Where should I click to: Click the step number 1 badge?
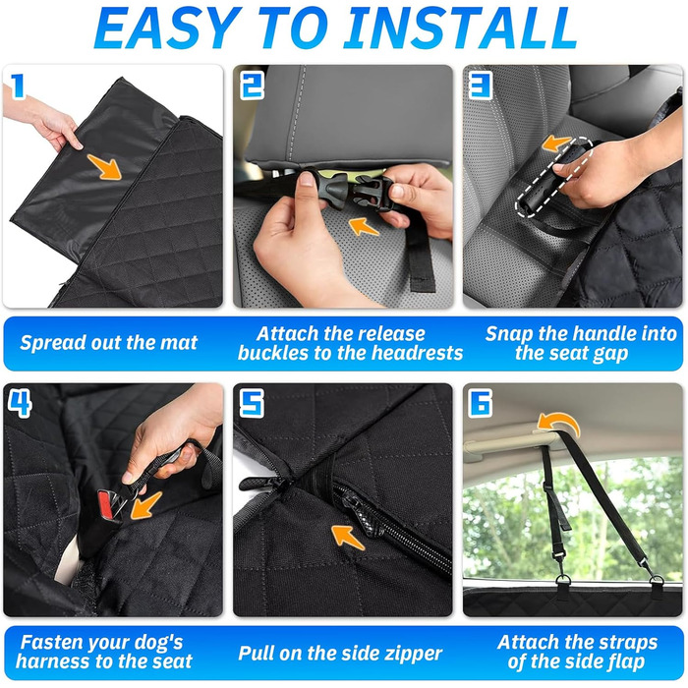click(x=18, y=86)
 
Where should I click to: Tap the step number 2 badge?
click(x=253, y=86)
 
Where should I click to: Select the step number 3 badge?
click(x=481, y=86)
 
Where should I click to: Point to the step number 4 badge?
click(x=20, y=403)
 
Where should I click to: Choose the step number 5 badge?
click(x=252, y=403)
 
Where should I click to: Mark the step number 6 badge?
click(x=481, y=403)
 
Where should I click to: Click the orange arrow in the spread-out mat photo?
click(x=104, y=167)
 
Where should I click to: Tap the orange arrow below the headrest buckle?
click(x=364, y=227)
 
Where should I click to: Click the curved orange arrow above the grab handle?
click(x=558, y=424)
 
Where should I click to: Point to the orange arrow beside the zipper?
click(x=348, y=537)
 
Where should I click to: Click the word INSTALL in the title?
click(x=461, y=29)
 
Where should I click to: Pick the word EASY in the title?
click(x=168, y=29)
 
